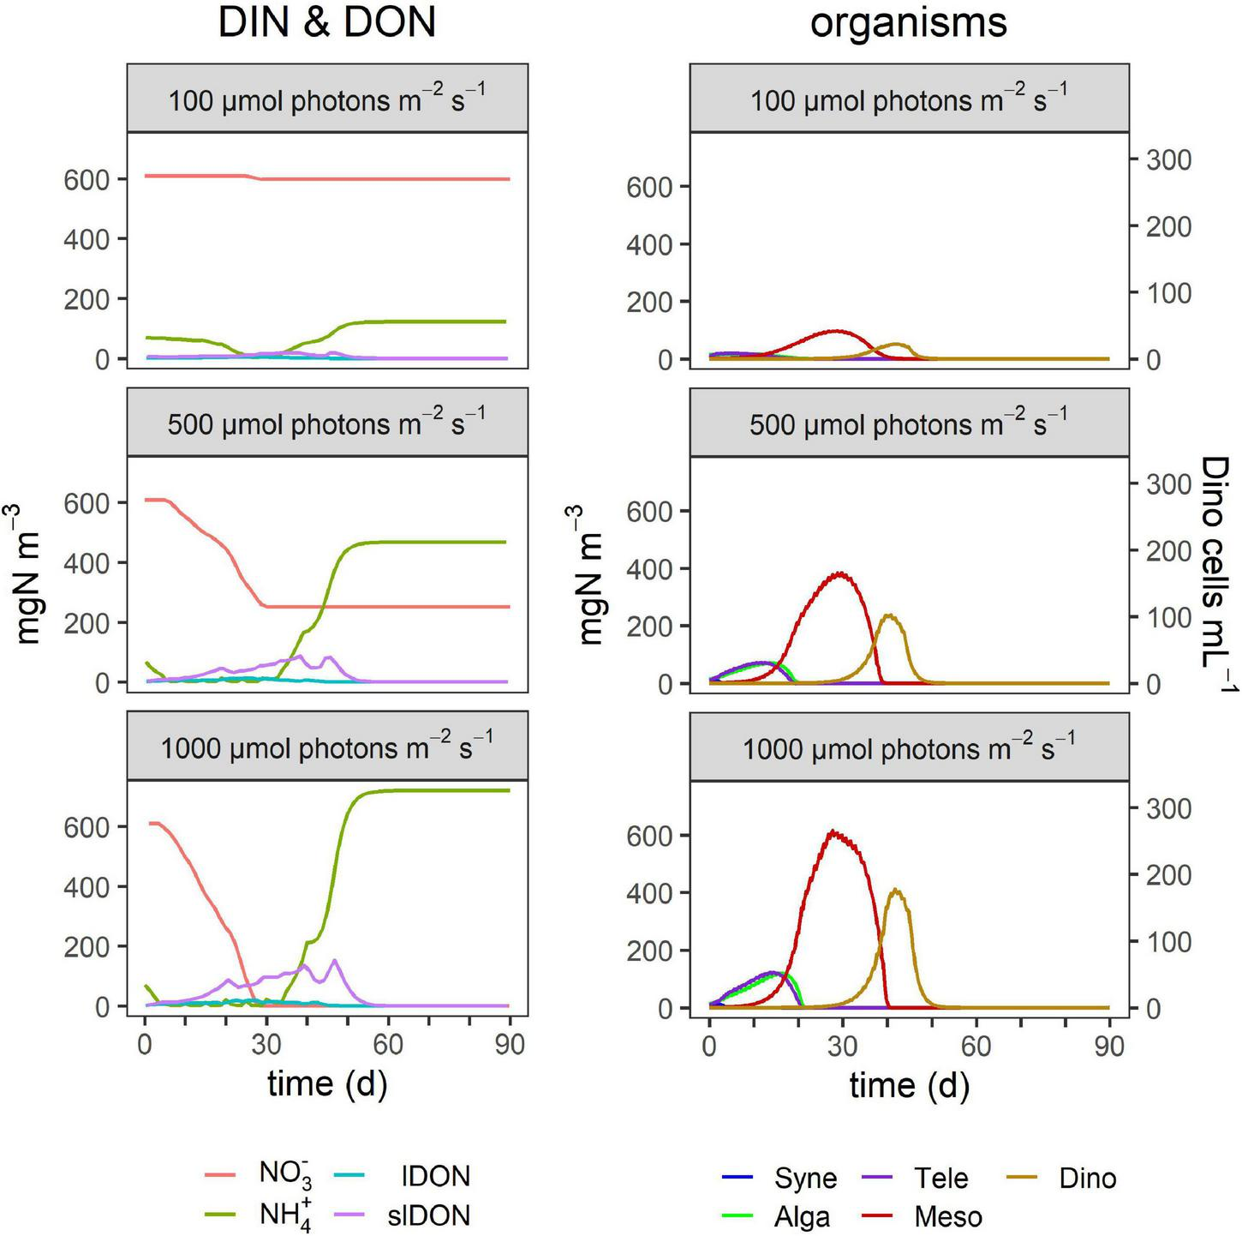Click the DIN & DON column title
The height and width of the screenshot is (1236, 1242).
tap(326, 23)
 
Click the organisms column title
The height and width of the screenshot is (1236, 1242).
tap(908, 23)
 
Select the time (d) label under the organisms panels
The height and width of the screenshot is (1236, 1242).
tap(909, 1085)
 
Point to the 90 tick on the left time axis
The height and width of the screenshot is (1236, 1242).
tap(510, 1045)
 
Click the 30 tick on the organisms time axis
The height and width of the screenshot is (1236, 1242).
tap(843, 1047)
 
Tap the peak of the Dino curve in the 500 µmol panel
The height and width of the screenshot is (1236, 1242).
tap(889, 615)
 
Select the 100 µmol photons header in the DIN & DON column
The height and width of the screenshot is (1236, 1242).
tap(326, 100)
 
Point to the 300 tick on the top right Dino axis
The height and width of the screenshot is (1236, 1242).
tap(1169, 159)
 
